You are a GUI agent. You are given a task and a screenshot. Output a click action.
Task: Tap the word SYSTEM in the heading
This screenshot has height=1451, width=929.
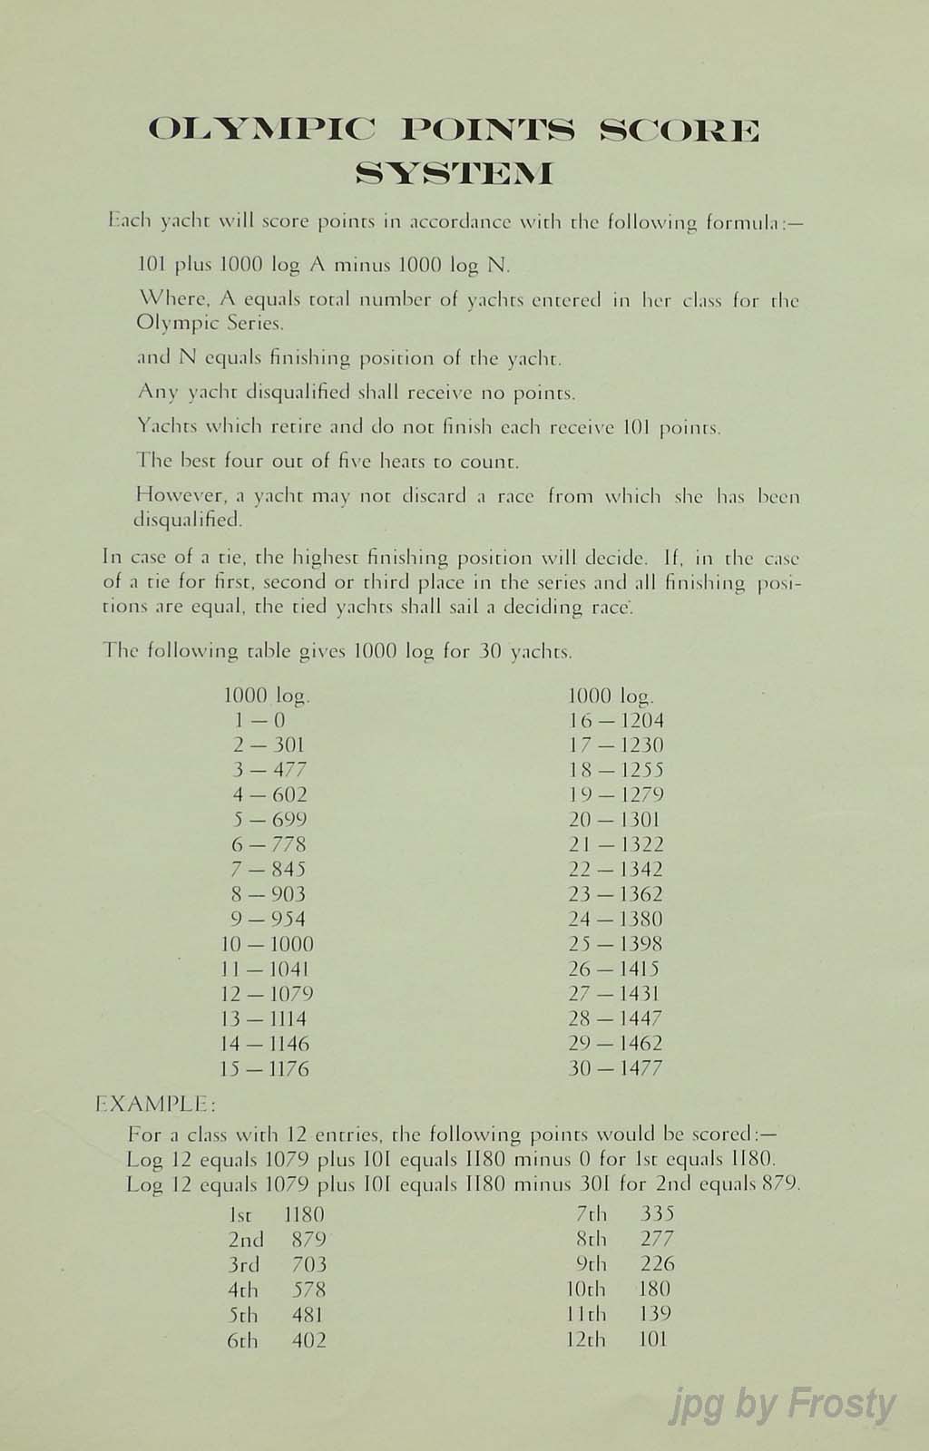454,172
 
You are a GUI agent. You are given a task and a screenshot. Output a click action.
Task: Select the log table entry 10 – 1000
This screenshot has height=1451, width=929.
267,944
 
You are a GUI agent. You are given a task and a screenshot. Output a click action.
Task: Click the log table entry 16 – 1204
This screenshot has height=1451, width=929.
616,721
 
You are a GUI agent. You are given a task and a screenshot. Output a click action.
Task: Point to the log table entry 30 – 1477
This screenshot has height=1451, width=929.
615,1068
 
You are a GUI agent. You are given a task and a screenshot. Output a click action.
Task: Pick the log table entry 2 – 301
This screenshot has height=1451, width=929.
269,745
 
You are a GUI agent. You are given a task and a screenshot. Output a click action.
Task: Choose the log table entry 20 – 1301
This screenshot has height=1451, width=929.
615,820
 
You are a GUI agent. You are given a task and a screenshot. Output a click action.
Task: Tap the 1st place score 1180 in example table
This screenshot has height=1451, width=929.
304,1214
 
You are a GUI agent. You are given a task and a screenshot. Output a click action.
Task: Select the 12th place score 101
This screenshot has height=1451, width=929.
652,1339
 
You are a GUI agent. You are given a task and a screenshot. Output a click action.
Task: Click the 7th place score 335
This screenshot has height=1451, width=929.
657,1214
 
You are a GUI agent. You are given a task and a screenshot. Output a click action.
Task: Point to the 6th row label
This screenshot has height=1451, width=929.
242,1340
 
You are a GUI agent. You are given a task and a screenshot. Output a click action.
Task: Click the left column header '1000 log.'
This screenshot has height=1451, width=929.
267,696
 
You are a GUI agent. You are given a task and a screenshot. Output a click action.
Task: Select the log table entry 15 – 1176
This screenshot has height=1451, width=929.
265,1068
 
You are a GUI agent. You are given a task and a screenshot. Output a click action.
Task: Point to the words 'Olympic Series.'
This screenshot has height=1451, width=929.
210,323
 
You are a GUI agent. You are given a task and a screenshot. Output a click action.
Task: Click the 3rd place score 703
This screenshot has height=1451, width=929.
308,1264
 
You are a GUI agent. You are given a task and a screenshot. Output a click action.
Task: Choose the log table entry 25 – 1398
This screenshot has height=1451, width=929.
615,944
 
